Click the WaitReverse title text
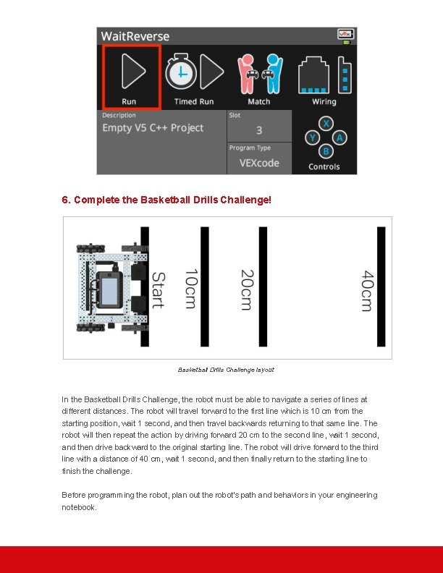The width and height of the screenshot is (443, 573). coord(135,36)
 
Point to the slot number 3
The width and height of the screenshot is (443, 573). coord(259,130)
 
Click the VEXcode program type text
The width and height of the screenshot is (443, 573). coord(259,163)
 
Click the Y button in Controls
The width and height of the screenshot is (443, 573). coord(312,137)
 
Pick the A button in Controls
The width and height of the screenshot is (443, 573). coord(339,137)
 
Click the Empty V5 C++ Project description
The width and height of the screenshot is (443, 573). coord(153,128)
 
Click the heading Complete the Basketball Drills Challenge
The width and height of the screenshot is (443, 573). coord(166,199)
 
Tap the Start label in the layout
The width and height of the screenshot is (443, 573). coord(158,290)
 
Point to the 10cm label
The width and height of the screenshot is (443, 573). coord(190,289)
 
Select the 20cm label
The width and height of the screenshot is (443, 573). coord(247,290)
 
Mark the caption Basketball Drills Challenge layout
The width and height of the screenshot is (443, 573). coord(226,370)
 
